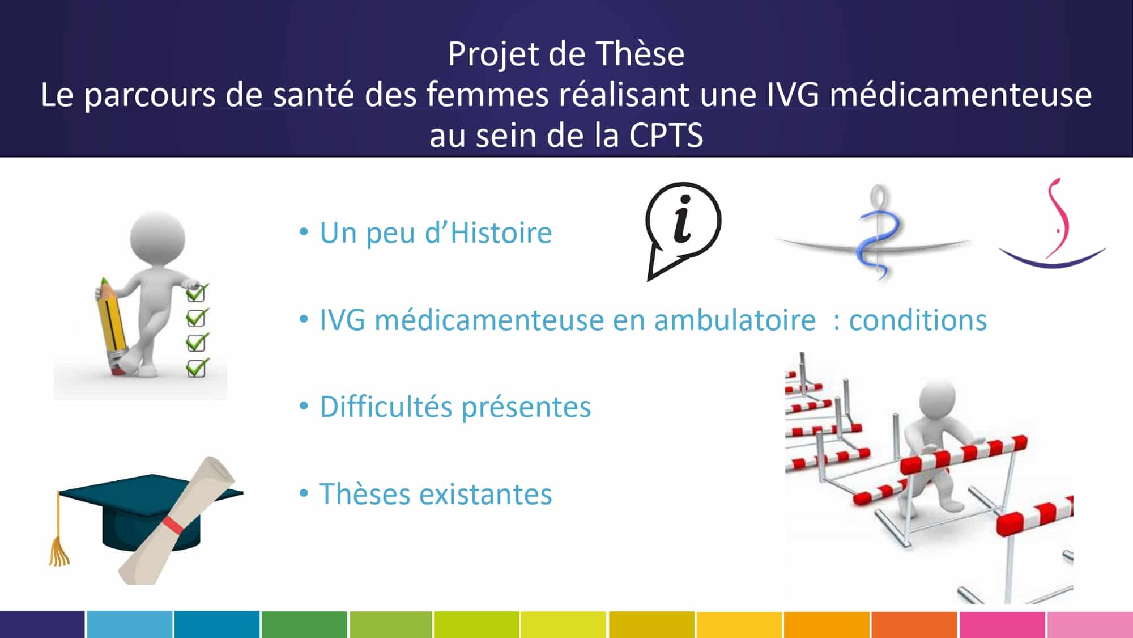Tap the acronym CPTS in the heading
click(666, 136)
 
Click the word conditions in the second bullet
click(918, 320)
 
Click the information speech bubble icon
click(683, 230)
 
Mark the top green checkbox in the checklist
click(197, 293)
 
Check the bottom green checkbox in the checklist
click(197, 368)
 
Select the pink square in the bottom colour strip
click(1002, 624)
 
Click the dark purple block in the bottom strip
click(42, 624)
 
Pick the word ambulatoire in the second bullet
click(735, 320)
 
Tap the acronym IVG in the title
click(793, 95)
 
